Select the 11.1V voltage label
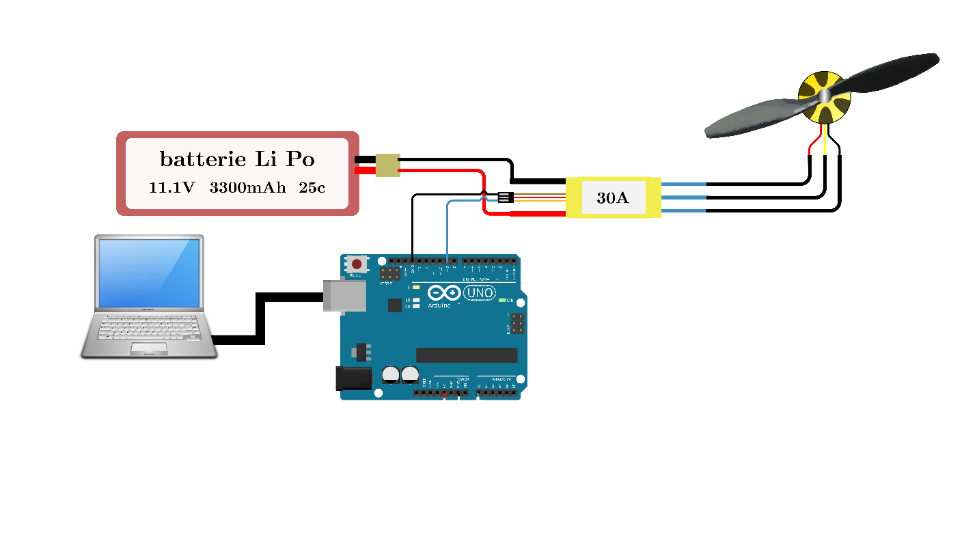click(x=171, y=187)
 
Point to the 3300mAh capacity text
click(x=247, y=187)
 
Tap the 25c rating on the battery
click(x=312, y=187)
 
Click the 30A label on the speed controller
click(x=612, y=198)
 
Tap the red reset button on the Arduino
click(x=357, y=264)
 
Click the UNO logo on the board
click(x=479, y=293)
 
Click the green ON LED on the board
click(x=502, y=300)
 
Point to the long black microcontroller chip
click(x=467, y=355)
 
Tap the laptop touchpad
click(x=149, y=348)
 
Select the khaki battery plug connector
click(x=387, y=165)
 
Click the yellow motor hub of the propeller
click(x=825, y=97)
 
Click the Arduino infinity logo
click(x=445, y=293)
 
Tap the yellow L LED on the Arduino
click(x=415, y=288)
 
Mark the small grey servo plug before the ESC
click(x=504, y=197)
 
